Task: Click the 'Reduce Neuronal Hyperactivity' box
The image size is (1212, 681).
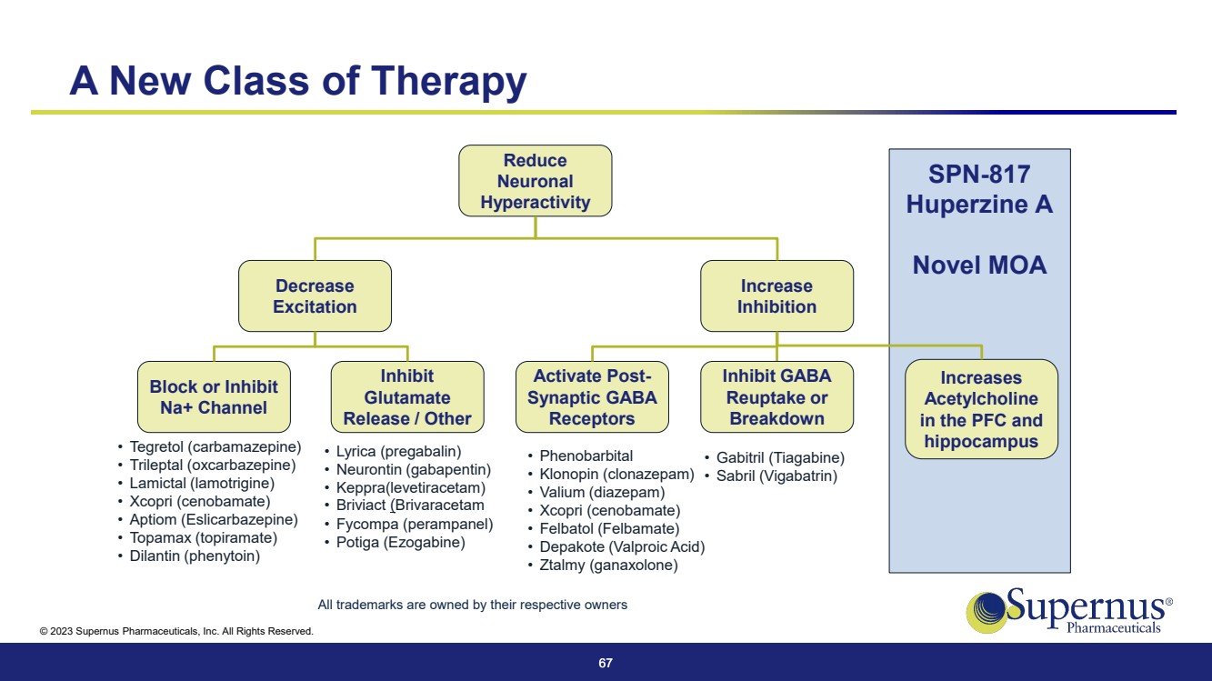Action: coord(535,181)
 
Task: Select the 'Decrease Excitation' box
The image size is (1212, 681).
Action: coord(315,296)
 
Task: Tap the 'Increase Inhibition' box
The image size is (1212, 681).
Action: coord(776,296)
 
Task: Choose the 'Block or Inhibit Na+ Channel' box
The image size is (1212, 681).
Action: coord(214,397)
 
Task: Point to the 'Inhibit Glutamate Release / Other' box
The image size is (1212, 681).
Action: coord(406,397)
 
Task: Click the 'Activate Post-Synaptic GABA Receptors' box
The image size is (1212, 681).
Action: coord(593,397)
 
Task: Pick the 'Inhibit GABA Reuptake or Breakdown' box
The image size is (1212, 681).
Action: coord(776,397)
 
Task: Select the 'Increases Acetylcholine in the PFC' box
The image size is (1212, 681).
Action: coord(981,409)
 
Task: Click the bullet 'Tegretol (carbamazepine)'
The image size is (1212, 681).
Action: coord(215,447)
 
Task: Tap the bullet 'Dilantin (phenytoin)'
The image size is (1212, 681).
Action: coord(195,556)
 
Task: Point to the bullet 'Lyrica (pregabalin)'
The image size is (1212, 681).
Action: coord(398,452)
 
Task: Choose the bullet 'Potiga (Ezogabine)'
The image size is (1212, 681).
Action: coord(400,543)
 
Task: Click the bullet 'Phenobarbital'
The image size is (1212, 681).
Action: coord(586,456)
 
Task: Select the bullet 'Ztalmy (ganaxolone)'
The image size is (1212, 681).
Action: coord(608,566)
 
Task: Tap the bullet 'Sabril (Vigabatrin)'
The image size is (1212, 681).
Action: coord(776,476)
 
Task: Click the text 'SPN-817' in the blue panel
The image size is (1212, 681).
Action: coord(979,175)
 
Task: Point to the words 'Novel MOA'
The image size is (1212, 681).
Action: coord(979,265)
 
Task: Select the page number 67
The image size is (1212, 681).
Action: coord(606,664)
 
